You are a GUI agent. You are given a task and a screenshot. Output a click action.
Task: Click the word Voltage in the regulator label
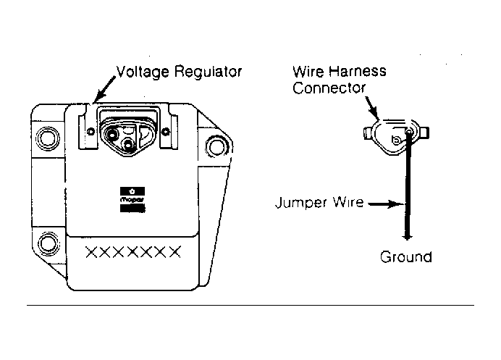pos(143,72)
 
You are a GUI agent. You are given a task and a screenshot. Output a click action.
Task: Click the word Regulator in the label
pos(208,72)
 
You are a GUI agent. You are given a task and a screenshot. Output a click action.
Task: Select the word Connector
pos(329,88)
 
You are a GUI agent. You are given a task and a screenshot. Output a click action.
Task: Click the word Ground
pos(405,257)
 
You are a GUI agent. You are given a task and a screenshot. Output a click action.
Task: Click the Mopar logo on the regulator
pos(132,200)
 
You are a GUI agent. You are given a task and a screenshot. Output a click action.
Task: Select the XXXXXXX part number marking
pos(133,252)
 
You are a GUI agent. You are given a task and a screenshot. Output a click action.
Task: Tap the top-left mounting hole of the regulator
pos(48,139)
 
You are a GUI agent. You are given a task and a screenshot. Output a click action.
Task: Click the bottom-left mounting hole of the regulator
pos(49,243)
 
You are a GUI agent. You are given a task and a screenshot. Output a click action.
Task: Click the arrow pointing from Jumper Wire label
pos(387,204)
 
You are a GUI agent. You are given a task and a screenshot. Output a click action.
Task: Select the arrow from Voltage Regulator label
pos(106,89)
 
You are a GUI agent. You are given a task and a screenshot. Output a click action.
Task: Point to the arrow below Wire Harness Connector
pos(372,108)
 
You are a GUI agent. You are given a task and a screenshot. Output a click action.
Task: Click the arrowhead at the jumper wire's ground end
pos(407,237)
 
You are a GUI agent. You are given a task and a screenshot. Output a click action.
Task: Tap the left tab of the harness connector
pos(368,133)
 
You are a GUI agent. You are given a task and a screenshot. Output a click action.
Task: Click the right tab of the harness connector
pos(425,133)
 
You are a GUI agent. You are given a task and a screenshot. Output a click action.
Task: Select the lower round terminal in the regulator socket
pos(128,145)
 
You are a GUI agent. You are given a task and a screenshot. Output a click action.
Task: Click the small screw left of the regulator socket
pos(90,131)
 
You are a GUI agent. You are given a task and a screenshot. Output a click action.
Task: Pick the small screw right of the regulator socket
pos(166,131)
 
